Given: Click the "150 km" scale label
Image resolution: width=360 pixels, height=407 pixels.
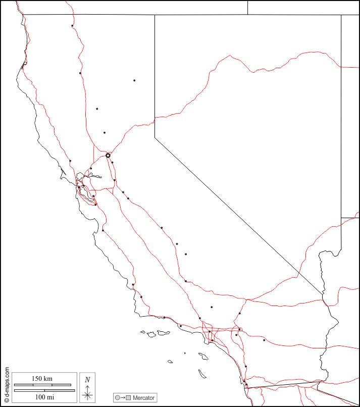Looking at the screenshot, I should pos(42,379).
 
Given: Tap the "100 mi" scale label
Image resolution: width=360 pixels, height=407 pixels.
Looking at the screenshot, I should pos(44,397).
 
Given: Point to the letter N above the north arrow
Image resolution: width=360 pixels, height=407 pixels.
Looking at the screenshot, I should pos(87,379).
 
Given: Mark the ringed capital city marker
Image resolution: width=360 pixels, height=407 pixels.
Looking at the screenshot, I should pos(108,156).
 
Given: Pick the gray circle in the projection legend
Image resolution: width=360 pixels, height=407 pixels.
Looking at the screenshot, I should pos(118,398).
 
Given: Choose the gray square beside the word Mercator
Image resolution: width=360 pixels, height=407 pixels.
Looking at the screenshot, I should pos(129,398).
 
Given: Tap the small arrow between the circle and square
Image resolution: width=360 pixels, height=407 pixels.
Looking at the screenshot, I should pos(123,398).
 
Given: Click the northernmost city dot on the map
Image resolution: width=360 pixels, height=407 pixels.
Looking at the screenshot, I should pos(72,26).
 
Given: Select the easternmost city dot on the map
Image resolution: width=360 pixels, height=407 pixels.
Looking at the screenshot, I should pos(264,340).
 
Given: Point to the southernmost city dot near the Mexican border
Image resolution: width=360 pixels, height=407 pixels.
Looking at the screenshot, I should pos(246,385).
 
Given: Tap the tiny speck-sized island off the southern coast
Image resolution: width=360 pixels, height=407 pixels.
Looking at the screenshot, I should pos(185,353).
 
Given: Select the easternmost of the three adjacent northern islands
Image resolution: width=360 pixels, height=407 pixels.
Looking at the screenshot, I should pos(163,333).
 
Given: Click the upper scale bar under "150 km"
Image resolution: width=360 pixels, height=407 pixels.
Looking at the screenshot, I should pos(42,385).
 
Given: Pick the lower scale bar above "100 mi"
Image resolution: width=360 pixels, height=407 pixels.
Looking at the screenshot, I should pos(44,390).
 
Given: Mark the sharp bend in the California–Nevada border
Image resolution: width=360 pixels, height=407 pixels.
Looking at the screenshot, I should pos(155,135).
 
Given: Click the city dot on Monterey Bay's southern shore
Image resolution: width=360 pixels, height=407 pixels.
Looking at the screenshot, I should pos(103,230).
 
